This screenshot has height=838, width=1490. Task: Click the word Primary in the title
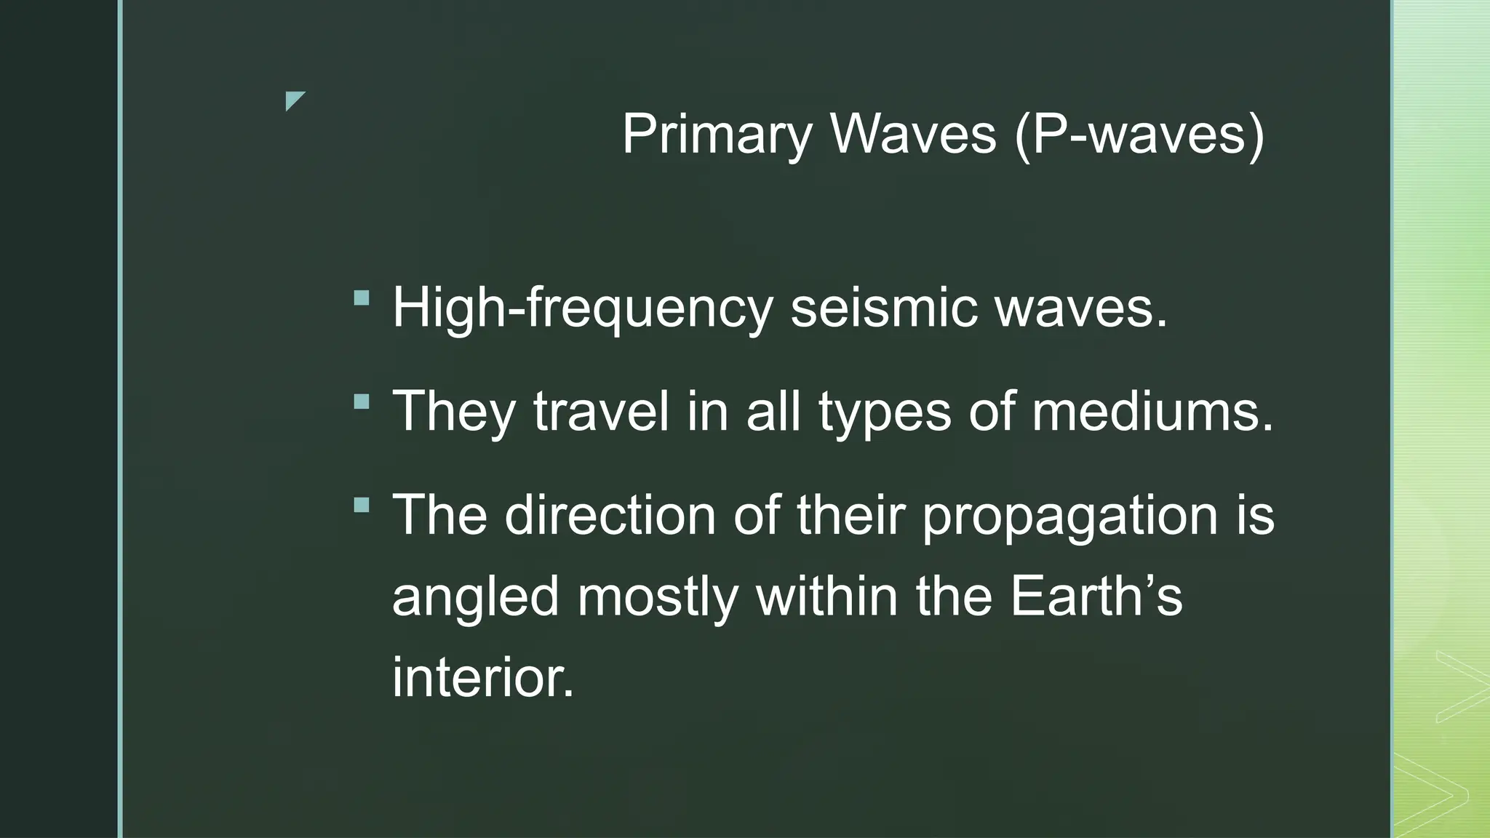tap(717, 135)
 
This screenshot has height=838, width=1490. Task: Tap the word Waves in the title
tap(913, 135)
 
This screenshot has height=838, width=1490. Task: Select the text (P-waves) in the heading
tap(1139, 135)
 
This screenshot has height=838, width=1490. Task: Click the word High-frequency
tap(582, 308)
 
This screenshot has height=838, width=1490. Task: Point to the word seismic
tap(883, 308)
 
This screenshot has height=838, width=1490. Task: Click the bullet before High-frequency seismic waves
tap(362, 298)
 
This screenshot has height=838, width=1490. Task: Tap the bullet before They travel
tap(362, 402)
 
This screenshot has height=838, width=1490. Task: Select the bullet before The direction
tap(362, 505)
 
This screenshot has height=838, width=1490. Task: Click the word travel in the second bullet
tap(601, 412)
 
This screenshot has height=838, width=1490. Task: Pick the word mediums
tap(1153, 412)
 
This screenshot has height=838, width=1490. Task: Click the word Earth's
tap(1096, 596)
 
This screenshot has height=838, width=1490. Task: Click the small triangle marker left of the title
tap(295, 100)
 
